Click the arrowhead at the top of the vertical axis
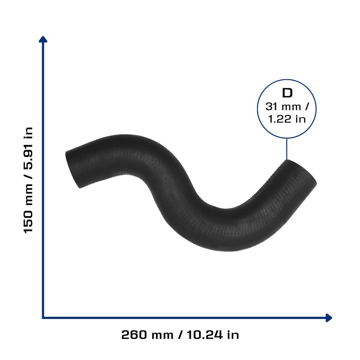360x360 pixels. click(43, 39)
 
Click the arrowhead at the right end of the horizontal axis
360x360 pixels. click(329, 318)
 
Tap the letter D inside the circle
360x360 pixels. click(287, 93)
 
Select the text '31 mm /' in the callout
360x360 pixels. click(287, 107)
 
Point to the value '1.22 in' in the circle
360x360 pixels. click(287, 119)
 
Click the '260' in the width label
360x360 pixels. click(134, 335)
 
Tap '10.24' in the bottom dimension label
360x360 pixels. click(205, 335)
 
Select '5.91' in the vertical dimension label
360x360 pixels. click(28, 158)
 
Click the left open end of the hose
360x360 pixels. click(72, 170)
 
